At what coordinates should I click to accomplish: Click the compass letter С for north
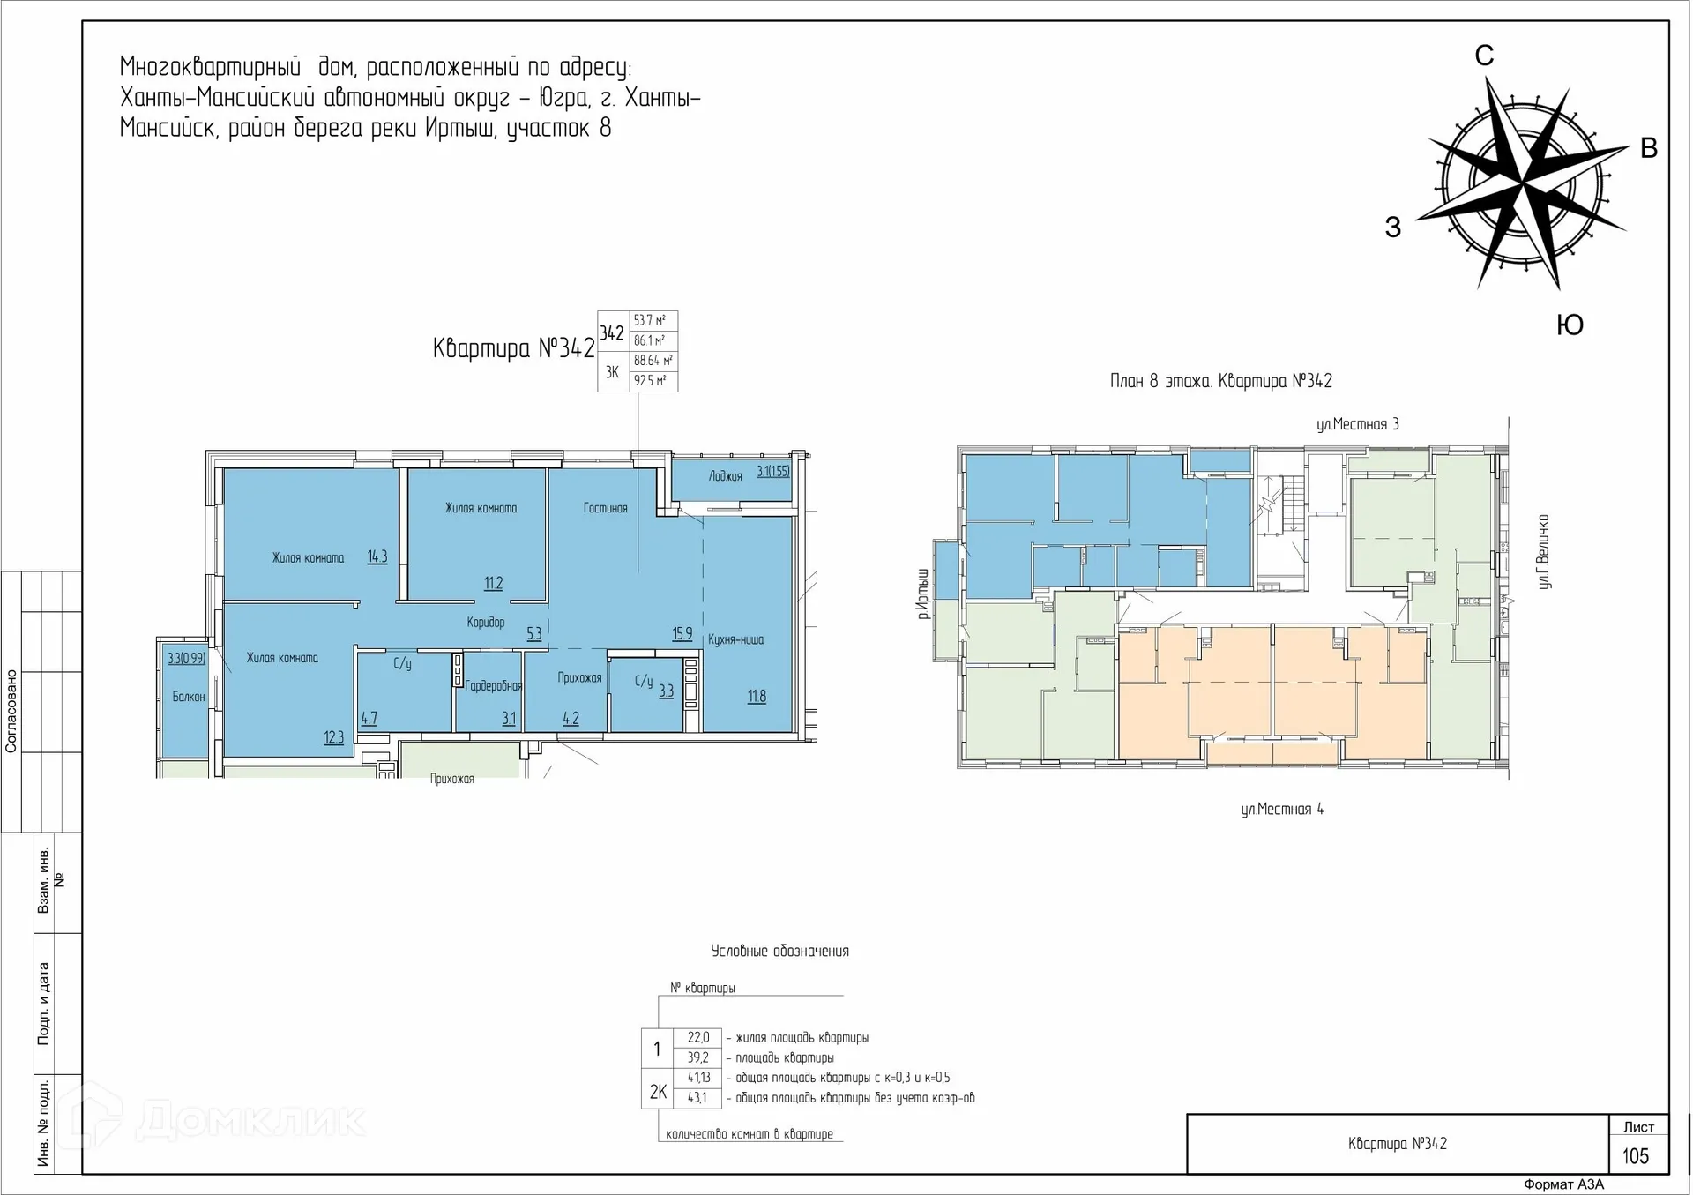coord(1484,56)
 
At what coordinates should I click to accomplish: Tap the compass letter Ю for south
coord(1570,325)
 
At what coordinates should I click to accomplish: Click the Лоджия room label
coord(725,476)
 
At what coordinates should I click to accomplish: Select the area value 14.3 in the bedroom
coord(377,556)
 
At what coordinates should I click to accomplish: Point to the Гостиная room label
coord(605,508)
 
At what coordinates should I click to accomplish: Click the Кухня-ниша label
coord(735,639)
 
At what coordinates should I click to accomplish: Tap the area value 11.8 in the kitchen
coord(757,696)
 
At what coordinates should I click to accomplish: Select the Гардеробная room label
coord(493,685)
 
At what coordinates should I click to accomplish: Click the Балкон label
coord(188,697)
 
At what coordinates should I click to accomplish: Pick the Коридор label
coord(486,623)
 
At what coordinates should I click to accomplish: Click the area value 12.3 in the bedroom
coord(333,737)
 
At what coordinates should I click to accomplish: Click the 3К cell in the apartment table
coord(612,372)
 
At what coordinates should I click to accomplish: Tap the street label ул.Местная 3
coord(1358,424)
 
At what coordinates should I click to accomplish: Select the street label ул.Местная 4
coord(1282,809)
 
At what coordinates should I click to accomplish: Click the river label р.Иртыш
coord(923,594)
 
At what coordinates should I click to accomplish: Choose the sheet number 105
coord(1636,1156)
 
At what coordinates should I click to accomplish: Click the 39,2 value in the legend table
coord(697,1057)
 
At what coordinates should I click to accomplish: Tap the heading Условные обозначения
coord(779,951)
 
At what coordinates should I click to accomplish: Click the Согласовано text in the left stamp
coord(11,711)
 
